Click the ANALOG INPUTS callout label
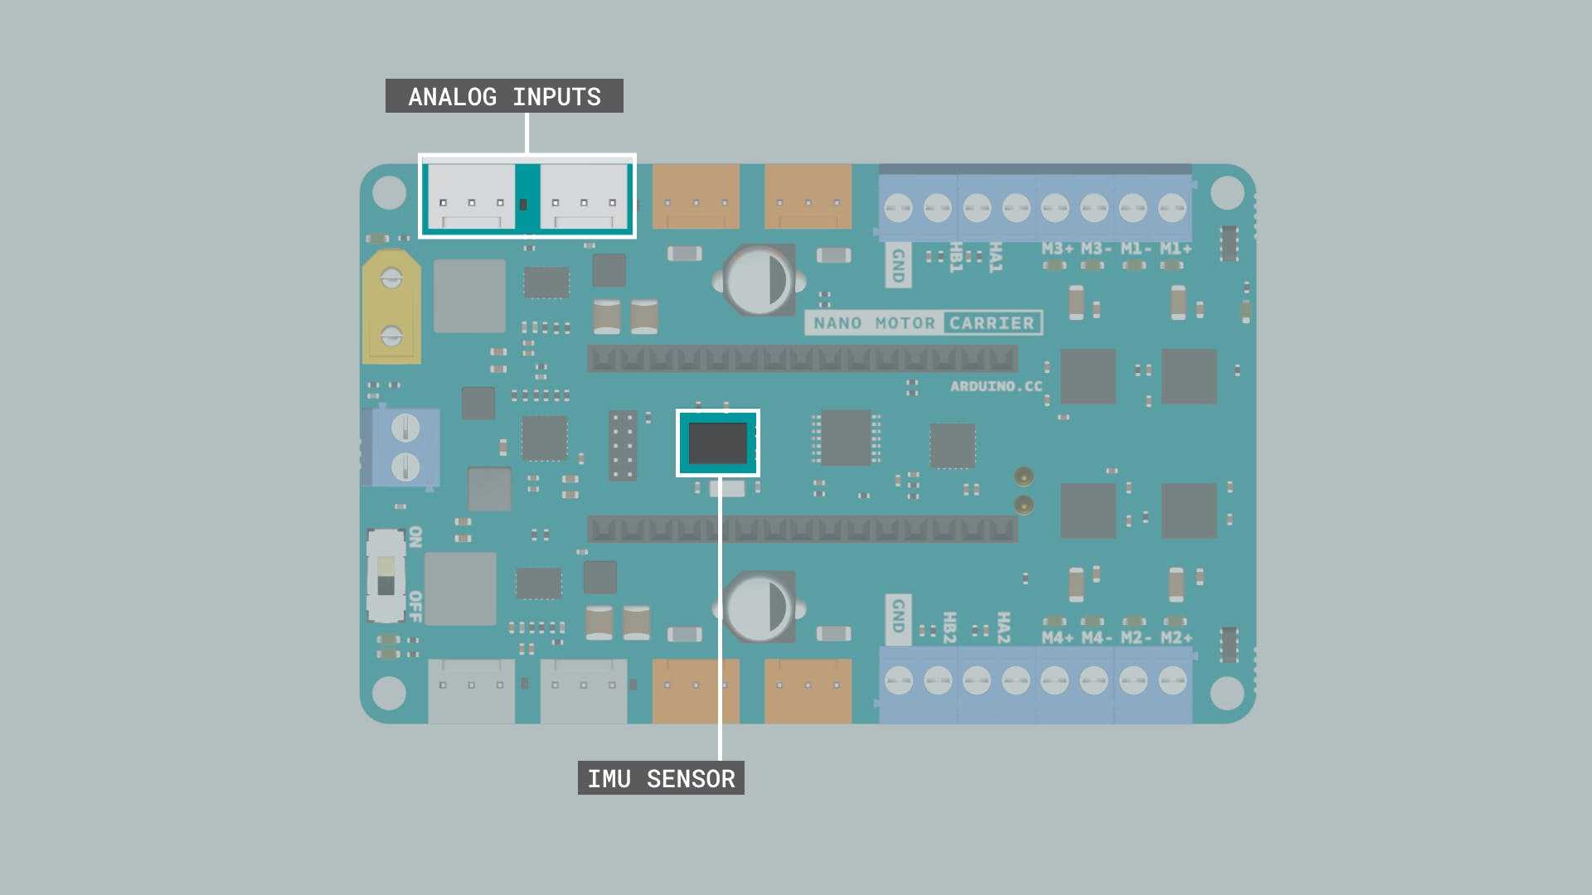[x=504, y=96]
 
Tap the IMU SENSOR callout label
[x=661, y=778]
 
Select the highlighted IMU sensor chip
[x=718, y=443]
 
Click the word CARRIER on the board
[x=992, y=323]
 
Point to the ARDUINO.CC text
[x=996, y=386]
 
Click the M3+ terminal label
[x=1057, y=249]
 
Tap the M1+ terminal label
[x=1176, y=249]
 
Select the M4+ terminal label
[x=1057, y=637]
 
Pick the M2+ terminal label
[x=1177, y=637]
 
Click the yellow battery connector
[x=391, y=307]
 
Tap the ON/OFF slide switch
[x=386, y=576]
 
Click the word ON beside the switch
[x=415, y=537]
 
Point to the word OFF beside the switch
[x=415, y=607]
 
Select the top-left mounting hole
[x=389, y=193]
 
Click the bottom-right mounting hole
[x=1227, y=694]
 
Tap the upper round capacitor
[x=760, y=280]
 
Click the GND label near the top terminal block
[x=898, y=265]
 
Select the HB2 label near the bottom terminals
[x=950, y=627]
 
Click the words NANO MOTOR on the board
[x=874, y=323]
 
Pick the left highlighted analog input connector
[x=471, y=196]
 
